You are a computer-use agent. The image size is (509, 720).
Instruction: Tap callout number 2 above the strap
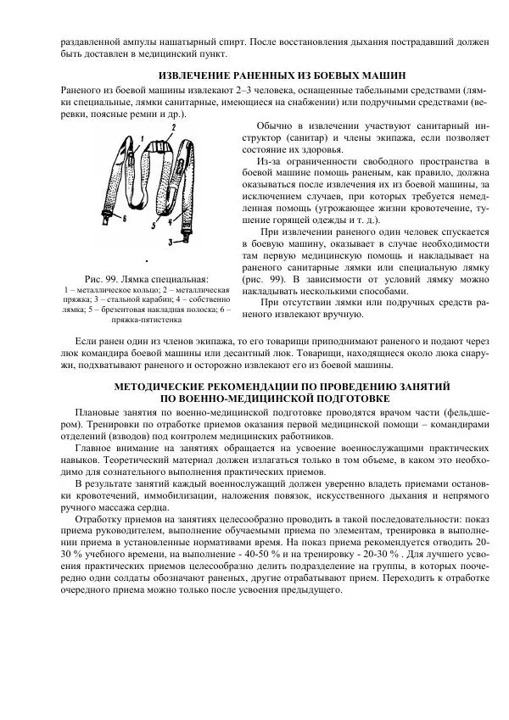pyautogui.click(x=173, y=126)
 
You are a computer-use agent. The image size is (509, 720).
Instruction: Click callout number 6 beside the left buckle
pyautogui.click(x=124, y=217)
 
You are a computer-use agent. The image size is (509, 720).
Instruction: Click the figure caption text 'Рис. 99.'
pyautogui.click(x=105, y=278)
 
